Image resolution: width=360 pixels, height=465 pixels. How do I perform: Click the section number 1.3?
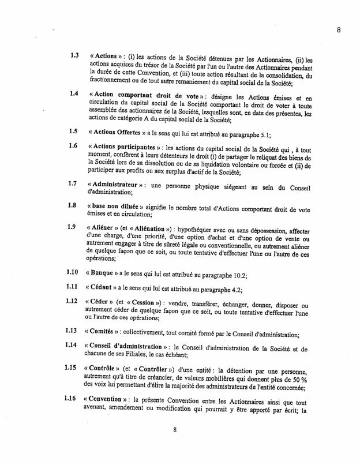pos(74,56)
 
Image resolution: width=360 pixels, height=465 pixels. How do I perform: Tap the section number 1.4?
pos(73,92)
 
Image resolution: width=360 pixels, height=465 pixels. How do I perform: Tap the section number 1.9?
pos(73,226)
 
